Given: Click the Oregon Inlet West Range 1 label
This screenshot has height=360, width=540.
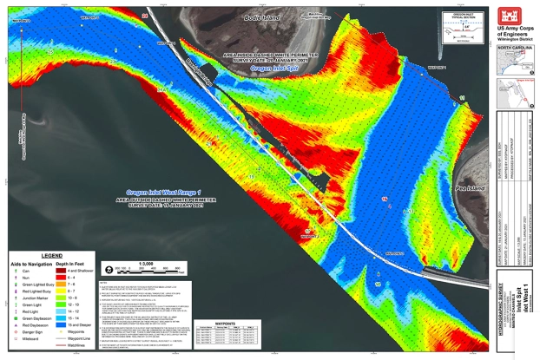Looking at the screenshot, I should click(166, 191).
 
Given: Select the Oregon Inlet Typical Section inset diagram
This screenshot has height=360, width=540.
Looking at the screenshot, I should click(461, 27).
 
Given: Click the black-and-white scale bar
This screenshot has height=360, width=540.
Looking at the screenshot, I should click(129, 270).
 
